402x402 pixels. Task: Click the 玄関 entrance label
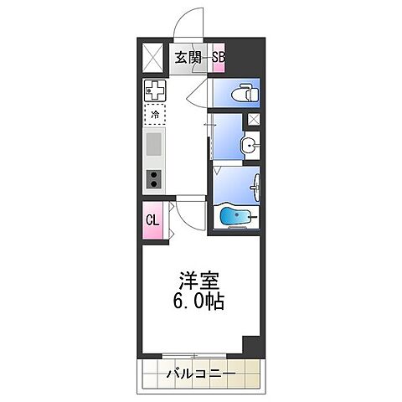(187, 57)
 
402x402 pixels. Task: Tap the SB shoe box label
(218, 57)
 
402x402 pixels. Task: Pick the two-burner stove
(155, 178)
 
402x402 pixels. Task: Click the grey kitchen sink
(155, 145)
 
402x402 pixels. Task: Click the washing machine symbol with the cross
(155, 89)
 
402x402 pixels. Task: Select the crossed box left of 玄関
(155, 57)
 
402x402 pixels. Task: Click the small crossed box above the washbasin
(252, 121)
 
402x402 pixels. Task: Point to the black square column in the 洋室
(250, 346)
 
